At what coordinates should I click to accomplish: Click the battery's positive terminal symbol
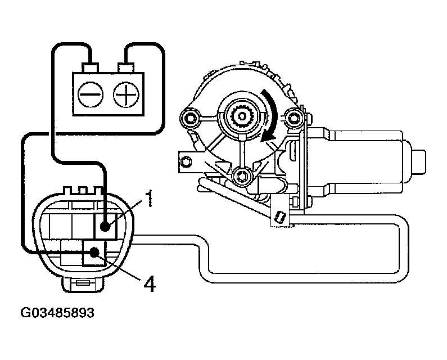(125, 94)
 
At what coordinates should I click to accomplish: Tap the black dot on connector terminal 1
(105, 226)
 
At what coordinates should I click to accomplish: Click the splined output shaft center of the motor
(243, 115)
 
